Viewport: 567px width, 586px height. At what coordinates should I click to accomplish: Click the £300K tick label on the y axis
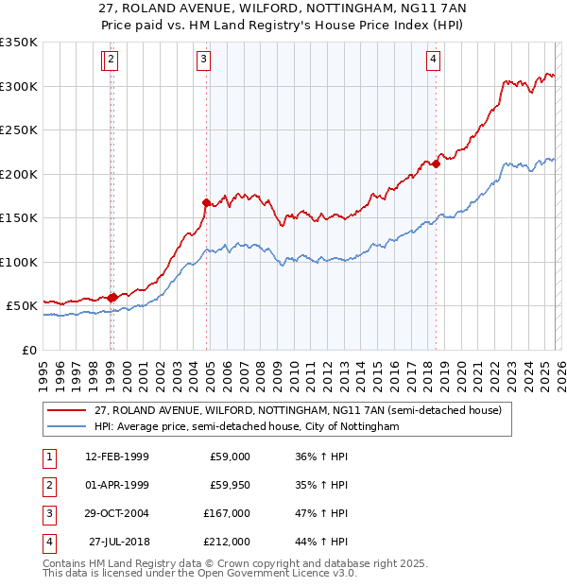click(x=19, y=86)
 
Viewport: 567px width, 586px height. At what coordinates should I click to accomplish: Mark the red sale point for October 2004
click(x=206, y=202)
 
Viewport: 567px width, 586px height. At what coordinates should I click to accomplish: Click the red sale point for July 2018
click(x=437, y=164)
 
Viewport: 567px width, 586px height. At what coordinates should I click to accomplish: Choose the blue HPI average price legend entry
click(x=247, y=426)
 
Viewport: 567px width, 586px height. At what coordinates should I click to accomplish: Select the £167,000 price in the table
click(x=227, y=513)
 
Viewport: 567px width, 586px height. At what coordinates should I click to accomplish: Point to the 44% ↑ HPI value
click(x=321, y=542)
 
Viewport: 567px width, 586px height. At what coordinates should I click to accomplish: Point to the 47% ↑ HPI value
click(x=321, y=513)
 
